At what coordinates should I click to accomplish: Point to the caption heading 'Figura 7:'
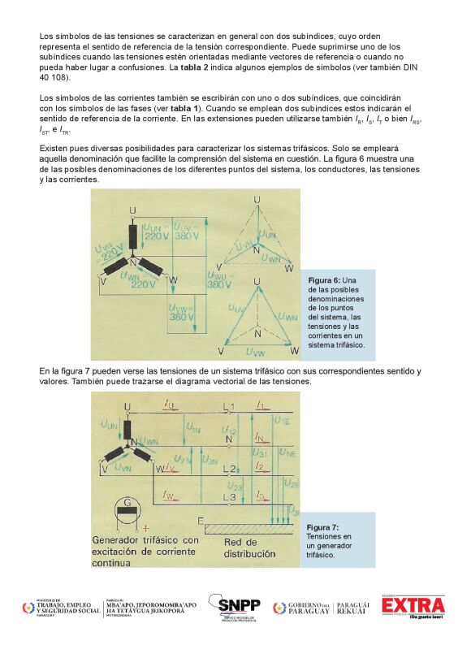tap(323, 527)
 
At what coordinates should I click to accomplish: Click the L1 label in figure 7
tap(229, 405)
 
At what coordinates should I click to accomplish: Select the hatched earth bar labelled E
tap(248, 527)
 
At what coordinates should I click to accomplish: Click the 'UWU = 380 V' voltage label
tap(218, 280)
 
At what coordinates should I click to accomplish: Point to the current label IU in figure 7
tap(167, 404)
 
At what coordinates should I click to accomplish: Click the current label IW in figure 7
tap(168, 496)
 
